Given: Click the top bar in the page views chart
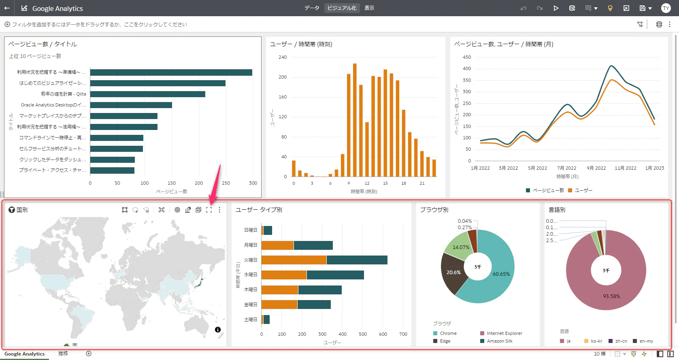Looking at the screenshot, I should (x=171, y=72).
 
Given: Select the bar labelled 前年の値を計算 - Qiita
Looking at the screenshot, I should (x=147, y=94).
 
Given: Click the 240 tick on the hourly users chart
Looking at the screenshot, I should (x=283, y=58).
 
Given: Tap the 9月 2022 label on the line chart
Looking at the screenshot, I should (x=596, y=168).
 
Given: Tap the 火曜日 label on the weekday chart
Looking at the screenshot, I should (x=251, y=260).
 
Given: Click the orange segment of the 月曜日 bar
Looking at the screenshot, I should (x=277, y=245).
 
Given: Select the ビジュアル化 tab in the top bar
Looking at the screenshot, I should (x=342, y=8).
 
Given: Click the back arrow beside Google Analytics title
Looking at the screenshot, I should (x=7, y=8).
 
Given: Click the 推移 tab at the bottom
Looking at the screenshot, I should (x=63, y=354).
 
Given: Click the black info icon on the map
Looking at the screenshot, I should (x=218, y=330).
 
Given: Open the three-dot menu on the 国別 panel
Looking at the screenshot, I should (x=219, y=210).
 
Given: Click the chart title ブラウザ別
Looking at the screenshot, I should (x=434, y=210).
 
